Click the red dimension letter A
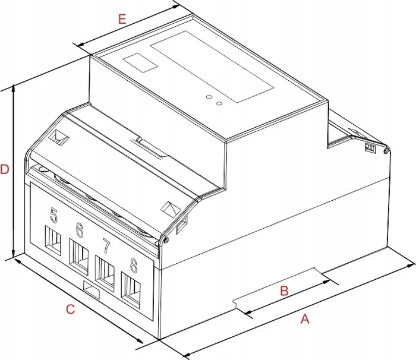pyautogui.click(x=305, y=318)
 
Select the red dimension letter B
pyautogui.click(x=284, y=290)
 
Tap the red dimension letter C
pyautogui.click(x=70, y=310)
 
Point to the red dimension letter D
pyautogui.click(x=5, y=169)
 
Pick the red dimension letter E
pyautogui.click(x=122, y=19)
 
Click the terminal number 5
pyautogui.click(x=53, y=215)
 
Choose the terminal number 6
pyautogui.click(x=80, y=230)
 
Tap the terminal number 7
pyautogui.click(x=106, y=246)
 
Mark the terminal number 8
pyautogui.click(x=134, y=266)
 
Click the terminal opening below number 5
pyautogui.click(x=53, y=241)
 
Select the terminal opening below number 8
pyautogui.click(x=131, y=290)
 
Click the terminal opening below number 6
pyautogui.click(x=79, y=256)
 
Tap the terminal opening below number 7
pyautogui.click(x=105, y=273)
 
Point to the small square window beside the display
pyautogui.click(x=140, y=62)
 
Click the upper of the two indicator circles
pyautogui.click(x=209, y=97)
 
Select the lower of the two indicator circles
pyautogui.click(x=219, y=103)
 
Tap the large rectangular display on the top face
pyautogui.click(x=212, y=67)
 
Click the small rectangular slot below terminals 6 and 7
pyautogui.click(x=92, y=290)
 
